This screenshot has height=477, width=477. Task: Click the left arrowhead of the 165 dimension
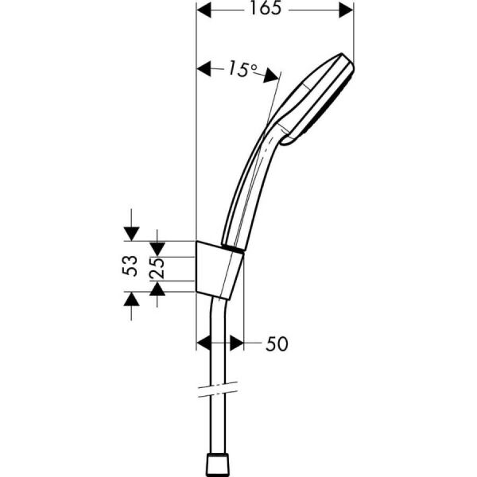click(205, 10)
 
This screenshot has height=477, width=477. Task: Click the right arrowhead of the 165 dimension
click(344, 10)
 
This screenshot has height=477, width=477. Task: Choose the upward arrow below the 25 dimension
click(157, 289)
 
